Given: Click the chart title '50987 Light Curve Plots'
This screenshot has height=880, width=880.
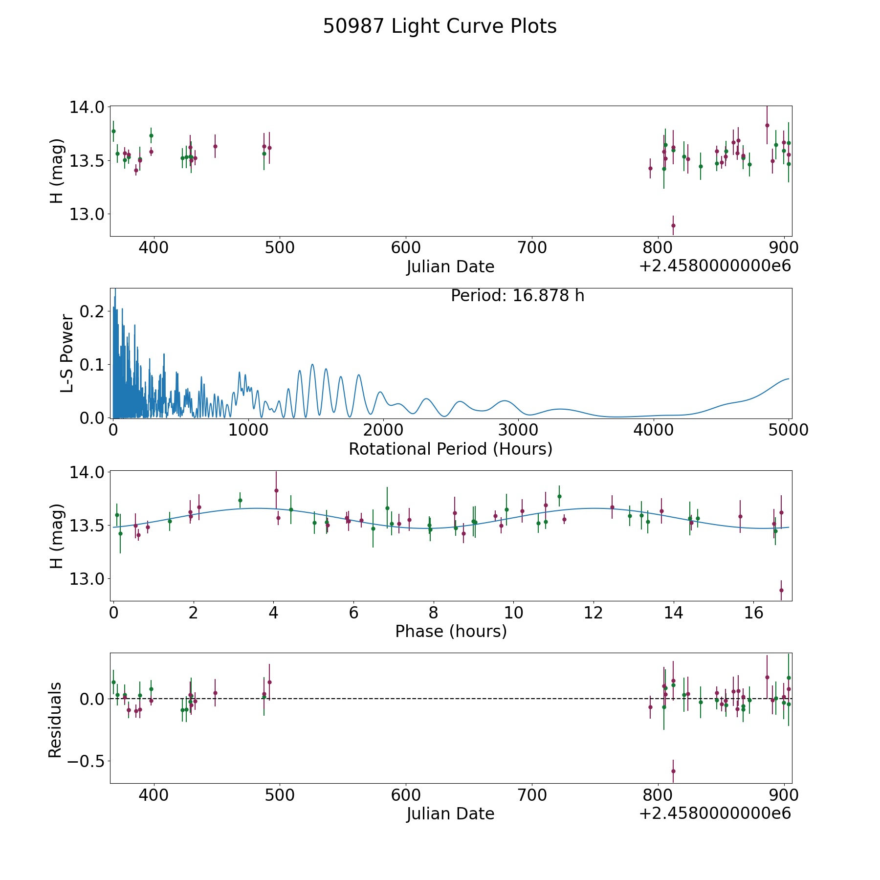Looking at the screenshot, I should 440,26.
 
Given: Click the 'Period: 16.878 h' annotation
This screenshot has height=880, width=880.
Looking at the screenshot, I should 517,296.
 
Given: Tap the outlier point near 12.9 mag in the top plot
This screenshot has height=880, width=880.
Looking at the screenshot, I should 673,225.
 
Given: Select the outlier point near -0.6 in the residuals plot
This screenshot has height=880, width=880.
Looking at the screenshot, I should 673,771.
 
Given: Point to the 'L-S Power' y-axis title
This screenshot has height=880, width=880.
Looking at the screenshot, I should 67,353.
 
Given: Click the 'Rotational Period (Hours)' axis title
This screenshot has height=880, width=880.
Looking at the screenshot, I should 450,449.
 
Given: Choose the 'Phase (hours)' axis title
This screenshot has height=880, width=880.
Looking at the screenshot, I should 450,632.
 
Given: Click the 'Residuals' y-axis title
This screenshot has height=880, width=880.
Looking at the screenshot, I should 55,720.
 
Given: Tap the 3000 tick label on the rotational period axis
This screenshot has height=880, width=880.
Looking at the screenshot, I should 518,430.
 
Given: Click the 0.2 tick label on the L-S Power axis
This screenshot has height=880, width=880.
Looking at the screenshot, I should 93,311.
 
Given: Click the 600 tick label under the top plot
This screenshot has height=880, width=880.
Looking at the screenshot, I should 406,248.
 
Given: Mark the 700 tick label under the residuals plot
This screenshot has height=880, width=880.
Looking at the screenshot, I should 532,795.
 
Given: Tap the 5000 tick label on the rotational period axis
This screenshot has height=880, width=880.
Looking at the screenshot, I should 788,430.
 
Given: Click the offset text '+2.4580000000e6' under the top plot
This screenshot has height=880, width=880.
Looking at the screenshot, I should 715,266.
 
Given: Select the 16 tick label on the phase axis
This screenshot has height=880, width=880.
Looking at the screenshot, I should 754,613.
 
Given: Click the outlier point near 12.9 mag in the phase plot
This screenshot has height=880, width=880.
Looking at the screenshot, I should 781,590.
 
